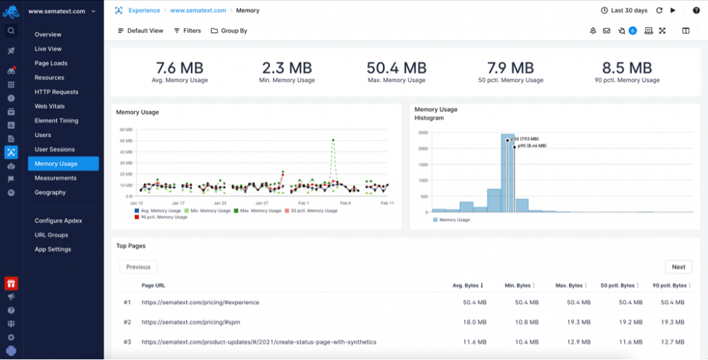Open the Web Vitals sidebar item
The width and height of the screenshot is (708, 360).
coord(49,106)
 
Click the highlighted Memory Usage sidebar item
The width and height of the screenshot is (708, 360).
coord(56,164)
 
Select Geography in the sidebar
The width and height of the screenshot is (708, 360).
coord(50,193)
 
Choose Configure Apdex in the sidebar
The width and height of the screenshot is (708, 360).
coord(58,221)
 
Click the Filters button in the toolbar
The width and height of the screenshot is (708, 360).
coord(187,31)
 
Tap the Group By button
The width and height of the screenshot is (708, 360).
coord(229,31)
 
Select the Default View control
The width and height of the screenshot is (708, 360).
coord(140,31)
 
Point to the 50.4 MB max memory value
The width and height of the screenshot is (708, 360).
coord(396,68)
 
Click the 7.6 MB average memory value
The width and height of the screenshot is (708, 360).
coord(180,68)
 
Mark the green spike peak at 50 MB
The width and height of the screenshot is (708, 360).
coord(333,140)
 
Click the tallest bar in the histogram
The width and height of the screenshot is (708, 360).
coord(507,173)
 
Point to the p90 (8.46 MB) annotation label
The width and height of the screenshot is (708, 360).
coord(532,146)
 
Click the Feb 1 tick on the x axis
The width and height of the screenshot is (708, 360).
coord(304,203)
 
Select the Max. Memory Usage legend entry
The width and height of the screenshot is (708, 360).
coord(256,211)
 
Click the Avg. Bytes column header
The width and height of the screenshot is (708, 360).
coord(468,285)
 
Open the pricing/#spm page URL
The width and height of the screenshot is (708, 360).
coord(191,322)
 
